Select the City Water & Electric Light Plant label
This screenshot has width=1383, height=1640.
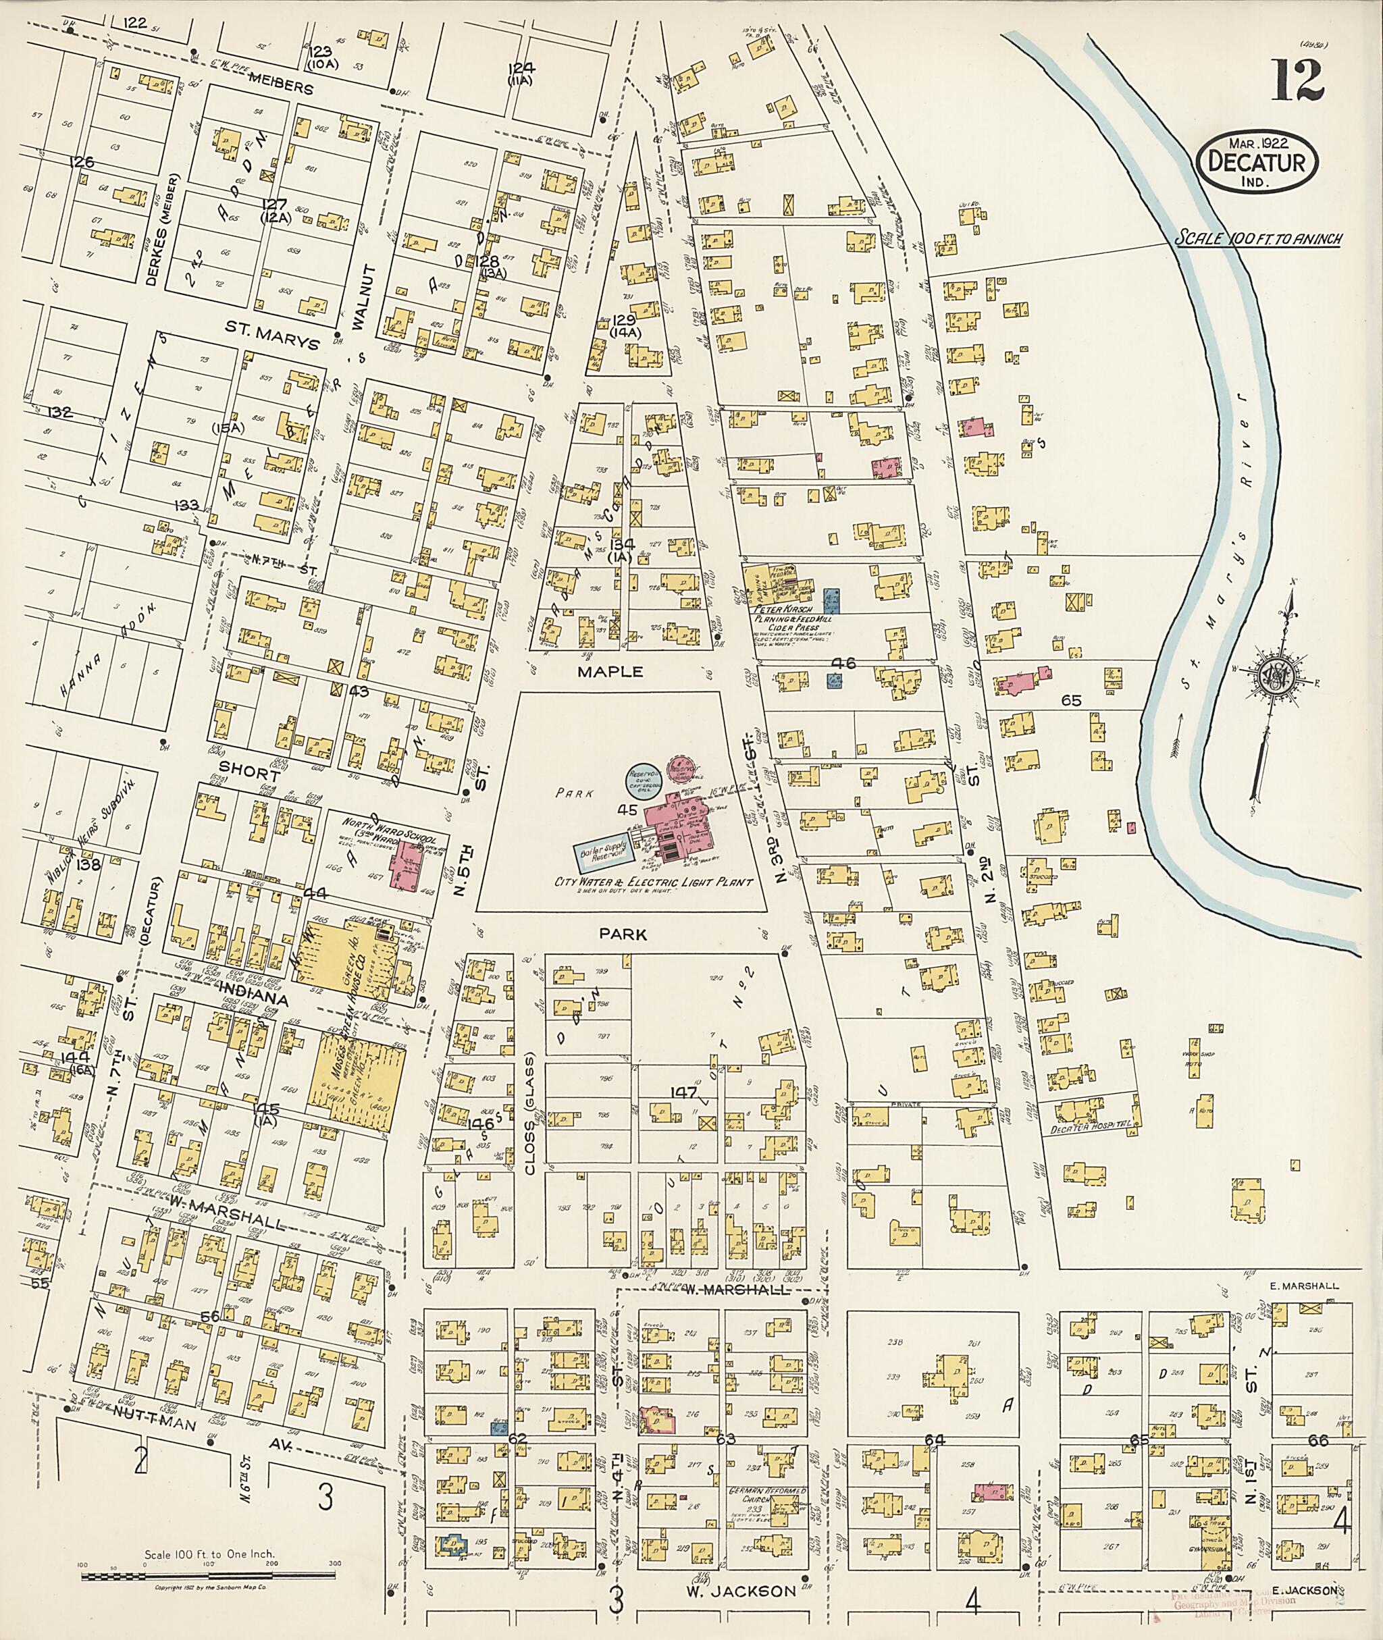tap(654, 882)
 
